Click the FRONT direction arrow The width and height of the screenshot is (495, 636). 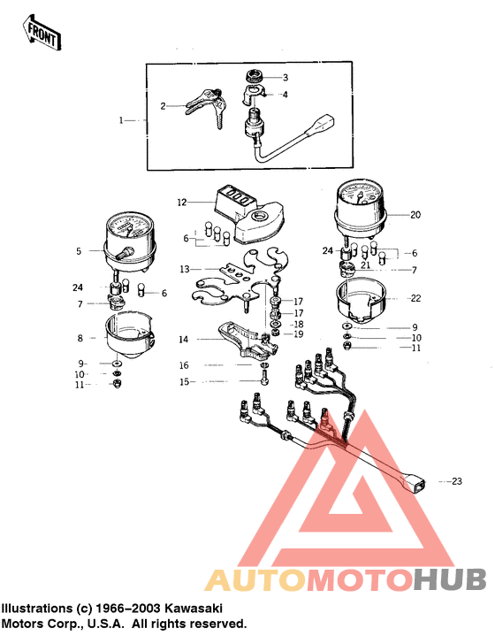[41, 33]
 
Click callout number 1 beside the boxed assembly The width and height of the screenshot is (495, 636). [123, 119]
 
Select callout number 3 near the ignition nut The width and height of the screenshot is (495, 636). [285, 77]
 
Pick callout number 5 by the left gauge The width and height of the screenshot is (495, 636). [78, 250]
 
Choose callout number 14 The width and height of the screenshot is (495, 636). [184, 338]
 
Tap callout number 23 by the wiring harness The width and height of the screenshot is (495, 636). [457, 481]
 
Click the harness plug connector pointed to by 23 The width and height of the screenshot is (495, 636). [415, 481]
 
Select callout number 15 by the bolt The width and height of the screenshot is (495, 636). [184, 382]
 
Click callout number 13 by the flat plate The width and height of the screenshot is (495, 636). [184, 268]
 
